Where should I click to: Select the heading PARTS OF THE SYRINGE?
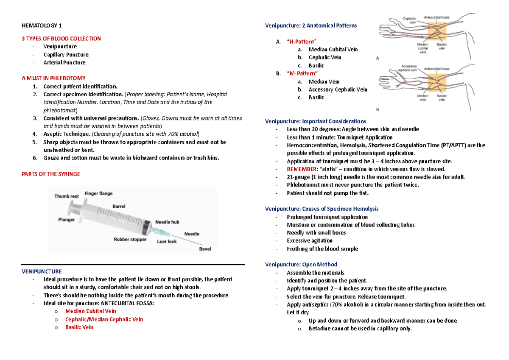click(50, 174)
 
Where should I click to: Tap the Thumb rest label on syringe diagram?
click(67, 196)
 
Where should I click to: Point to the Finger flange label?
click(98, 193)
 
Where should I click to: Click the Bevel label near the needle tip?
click(205, 249)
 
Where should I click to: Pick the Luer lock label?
click(167, 241)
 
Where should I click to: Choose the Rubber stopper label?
click(130, 239)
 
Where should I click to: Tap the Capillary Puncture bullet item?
click(66, 55)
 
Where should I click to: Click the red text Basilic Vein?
click(79, 327)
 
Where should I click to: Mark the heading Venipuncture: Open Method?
click(301, 265)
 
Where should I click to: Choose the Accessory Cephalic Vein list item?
click(338, 89)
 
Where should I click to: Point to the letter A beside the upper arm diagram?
click(378, 59)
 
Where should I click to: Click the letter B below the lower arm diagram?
click(378, 109)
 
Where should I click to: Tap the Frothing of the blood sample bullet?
click(316, 249)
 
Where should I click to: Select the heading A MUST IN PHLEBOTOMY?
click(53, 78)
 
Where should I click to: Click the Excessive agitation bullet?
click(310, 241)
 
